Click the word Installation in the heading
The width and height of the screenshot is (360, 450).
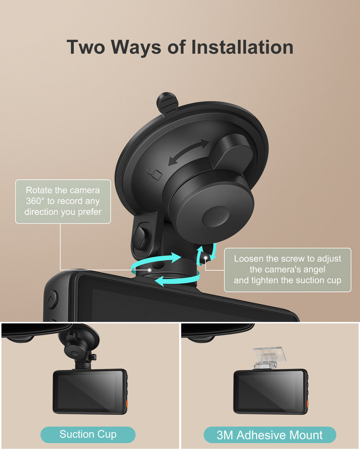(x=242, y=47)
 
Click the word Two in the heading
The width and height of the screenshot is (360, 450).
(x=86, y=47)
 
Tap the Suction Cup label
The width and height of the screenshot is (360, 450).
(x=88, y=434)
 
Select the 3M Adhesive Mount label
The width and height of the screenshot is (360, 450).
(x=269, y=435)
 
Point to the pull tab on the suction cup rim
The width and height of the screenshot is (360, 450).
(x=167, y=103)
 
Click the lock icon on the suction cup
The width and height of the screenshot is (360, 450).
(x=155, y=174)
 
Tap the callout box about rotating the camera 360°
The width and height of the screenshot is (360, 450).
(x=63, y=201)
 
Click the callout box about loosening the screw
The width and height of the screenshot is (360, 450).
(x=287, y=270)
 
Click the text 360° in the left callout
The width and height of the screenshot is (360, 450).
(x=35, y=201)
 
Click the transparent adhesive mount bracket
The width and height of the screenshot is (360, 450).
(x=269, y=358)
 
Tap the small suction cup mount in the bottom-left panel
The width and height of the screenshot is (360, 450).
(x=79, y=348)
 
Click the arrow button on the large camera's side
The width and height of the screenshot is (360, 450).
(x=52, y=299)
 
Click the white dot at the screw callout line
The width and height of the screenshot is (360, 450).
(x=206, y=258)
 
